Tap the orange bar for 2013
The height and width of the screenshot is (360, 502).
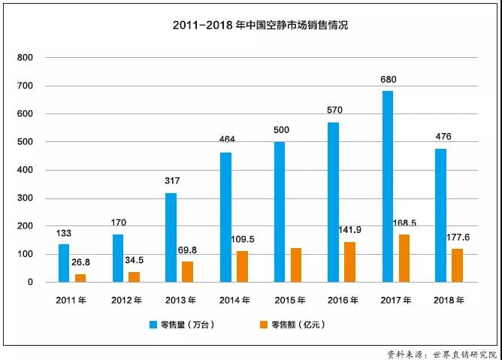pos(187,271)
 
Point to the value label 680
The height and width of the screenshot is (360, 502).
pos(389,80)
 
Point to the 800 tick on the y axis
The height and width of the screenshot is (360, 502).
pos(25,58)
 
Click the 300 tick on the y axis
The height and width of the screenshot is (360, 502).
pos(25,198)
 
